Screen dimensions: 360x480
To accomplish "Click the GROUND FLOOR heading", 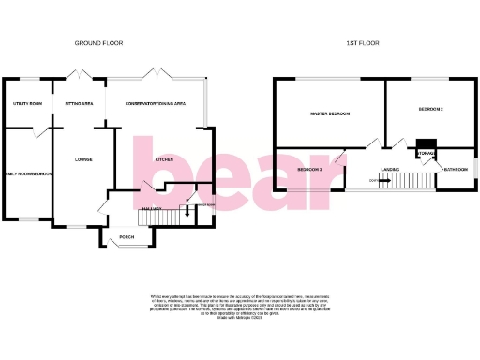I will click(x=99, y=43).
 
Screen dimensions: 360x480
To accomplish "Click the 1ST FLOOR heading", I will click(x=361, y=43).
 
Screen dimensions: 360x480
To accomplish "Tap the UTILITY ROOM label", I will click(x=28, y=103).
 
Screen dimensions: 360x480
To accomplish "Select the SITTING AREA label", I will click(x=80, y=103).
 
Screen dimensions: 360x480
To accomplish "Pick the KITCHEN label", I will click(x=165, y=160).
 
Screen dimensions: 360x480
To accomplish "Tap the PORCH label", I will click(x=127, y=236).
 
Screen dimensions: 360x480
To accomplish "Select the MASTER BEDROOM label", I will click(x=330, y=113).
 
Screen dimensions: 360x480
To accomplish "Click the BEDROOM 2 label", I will click(x=309, y=169).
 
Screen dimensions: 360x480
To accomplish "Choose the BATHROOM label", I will click(x=457, y=169).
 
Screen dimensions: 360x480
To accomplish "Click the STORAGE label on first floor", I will click(x=427, y=154).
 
